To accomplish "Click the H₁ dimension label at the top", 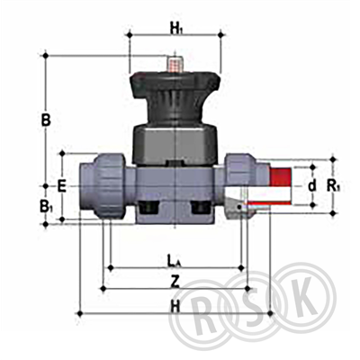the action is pos(177,30).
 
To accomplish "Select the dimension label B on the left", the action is pos(46,121).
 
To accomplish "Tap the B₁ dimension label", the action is pos(46,207).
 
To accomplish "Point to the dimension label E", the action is pos(61,187).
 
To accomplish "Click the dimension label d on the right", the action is pos(312,186).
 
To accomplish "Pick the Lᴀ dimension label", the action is pos(174,260).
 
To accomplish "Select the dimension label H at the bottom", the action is pos(175,307).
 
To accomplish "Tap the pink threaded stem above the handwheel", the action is pos(175,64).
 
